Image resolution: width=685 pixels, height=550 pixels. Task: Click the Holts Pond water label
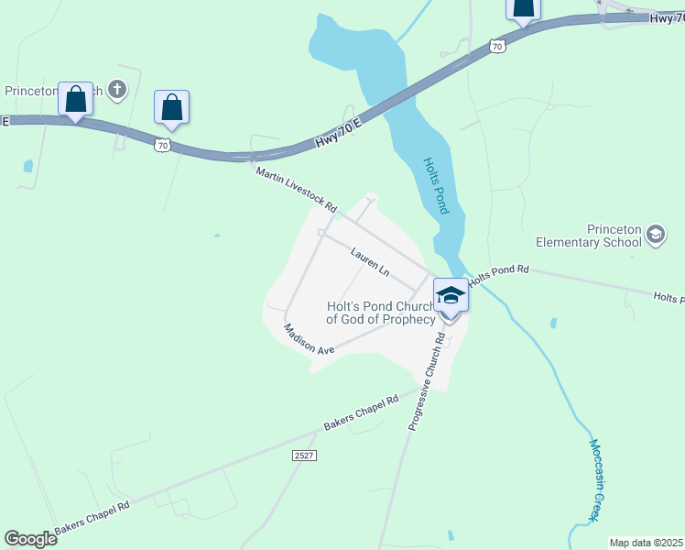coord(436,185)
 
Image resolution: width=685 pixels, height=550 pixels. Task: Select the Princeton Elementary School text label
coord(588,236)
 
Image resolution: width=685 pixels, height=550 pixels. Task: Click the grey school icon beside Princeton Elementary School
coord(655,236)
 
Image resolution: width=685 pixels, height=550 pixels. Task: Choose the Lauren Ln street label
coord(370,261)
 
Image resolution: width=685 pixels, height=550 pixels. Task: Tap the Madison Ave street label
coord(309,339)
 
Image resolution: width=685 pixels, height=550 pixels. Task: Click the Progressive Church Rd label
coord(427,381)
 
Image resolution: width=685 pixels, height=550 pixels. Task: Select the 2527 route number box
coord(305,456)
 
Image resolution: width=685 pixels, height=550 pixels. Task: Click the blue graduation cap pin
coord(450,295)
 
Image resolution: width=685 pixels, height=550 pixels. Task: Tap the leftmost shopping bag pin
coord(75,99)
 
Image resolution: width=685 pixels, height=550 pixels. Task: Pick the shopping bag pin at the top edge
coord(522,9)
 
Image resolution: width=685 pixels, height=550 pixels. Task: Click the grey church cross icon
coord(116,90)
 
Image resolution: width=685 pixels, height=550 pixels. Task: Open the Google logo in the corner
coord(30,539)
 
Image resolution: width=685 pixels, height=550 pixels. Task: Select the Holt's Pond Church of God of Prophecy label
coord(381,313)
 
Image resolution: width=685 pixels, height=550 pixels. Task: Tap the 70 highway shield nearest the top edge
coord(496,45)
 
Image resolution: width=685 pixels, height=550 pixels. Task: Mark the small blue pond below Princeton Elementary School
coord(553,323)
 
